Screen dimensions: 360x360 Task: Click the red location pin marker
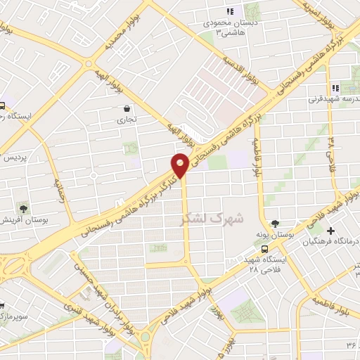pyautogui.click(x=181, y=165)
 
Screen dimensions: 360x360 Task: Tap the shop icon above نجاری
pyautogui.click(x=127, y=109)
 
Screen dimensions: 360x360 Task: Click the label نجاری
pyautogui.click(x=127, y=121)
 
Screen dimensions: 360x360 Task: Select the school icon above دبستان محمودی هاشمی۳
pyautogui.click(x=229, y=11)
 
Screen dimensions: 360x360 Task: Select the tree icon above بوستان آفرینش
pyautogui.click(x=24, y=208)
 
